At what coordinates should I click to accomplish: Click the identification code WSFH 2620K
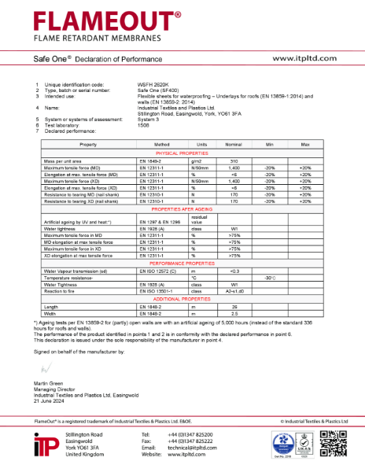[x=156, y=84]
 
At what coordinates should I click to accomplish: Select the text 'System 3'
[x=149, y=118]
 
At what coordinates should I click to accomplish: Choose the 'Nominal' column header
[x=234, y=145]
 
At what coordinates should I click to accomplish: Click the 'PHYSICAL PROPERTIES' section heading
[x=182, y=153]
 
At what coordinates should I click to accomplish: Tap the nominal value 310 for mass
[x=234, y=160]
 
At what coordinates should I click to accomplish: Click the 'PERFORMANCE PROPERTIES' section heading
[x=182, y=264]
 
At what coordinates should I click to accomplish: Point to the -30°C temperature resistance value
[x=270, y=278]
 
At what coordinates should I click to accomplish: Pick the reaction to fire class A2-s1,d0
[x=234, y=291]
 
